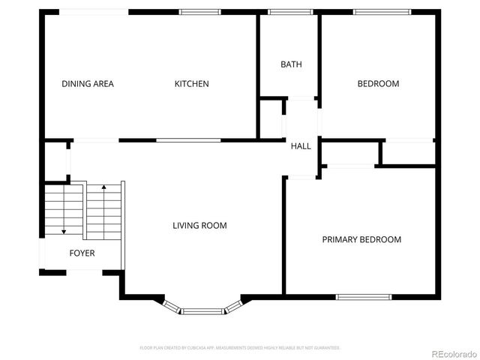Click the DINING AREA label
[88, 84]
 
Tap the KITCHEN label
[191, 84]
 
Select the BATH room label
[291, 64]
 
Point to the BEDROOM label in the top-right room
[377, 84]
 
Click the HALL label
[301, 146]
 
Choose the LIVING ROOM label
[199, 226]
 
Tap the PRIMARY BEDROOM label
[361, 240]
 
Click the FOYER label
[82, 253]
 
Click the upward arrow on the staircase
[103, 187]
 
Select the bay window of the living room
[202, 309]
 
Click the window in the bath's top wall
[290, 12]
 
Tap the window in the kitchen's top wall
[200, 12]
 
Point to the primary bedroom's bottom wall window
[363, 297]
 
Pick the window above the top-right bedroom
[382, 12]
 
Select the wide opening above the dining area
[94, 12]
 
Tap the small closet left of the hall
[271, 118]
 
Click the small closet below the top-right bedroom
[409, 153]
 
